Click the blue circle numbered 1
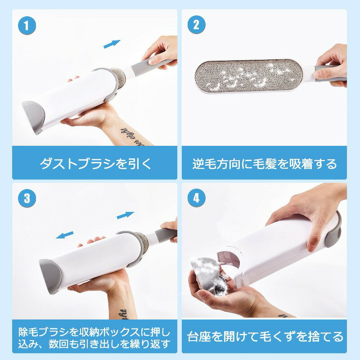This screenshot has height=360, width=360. click(27, 26)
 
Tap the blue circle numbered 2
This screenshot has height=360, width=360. click(197, 25)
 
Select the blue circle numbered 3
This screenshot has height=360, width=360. click(27, 198)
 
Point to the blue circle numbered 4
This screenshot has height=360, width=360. click(197, 198)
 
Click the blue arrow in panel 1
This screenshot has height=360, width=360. click(112, 44)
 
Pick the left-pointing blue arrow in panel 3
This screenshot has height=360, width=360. click(65, 235)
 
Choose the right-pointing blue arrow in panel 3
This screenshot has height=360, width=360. click(126, 215)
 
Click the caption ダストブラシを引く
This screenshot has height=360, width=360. click(95, 164)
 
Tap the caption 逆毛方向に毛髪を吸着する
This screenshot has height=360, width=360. click(265, 164)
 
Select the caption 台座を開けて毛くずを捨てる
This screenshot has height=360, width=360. click(265, 337)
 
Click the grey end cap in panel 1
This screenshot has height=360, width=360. click(33, 116)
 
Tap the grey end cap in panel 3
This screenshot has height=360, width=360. click(50, 274)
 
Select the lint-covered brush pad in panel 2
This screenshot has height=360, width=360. click(249, 76)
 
